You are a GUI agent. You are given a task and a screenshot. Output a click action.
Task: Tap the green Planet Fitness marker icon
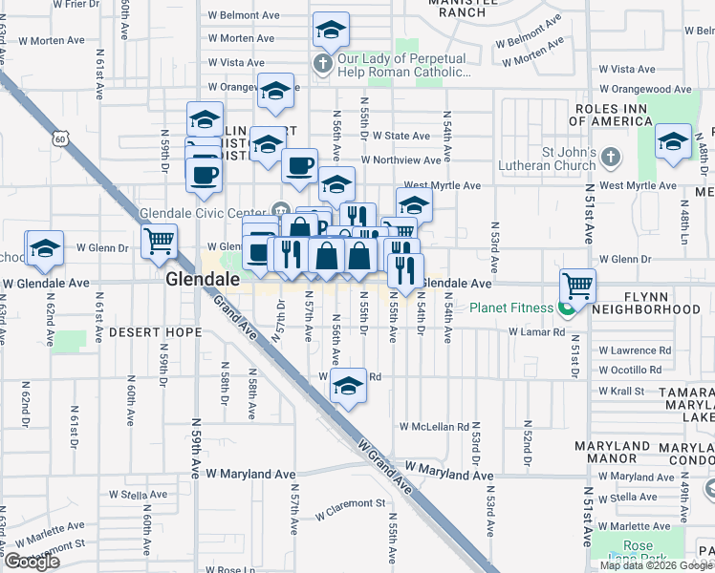pyautogui.click(x=568, y=308)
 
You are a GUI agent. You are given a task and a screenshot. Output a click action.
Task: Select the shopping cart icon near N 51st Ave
pyautogui.click(x=578, y=284)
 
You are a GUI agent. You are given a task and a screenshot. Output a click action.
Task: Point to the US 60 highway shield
pyautogui.click(x=60, y=139)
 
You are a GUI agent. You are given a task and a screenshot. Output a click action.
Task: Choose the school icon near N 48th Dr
pyautogui.click(x=674, y=141)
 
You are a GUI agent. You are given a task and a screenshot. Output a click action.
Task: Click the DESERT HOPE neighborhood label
pyautogui.click(x=155, y=332)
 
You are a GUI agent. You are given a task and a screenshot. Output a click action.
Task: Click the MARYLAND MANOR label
pyautogui.click(x=614, y=453)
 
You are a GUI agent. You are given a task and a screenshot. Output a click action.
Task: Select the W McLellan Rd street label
pyautogui.click(x=435, y=426)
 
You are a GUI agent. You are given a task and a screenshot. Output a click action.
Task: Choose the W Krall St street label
pyautogui.click(x=621, y=392)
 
